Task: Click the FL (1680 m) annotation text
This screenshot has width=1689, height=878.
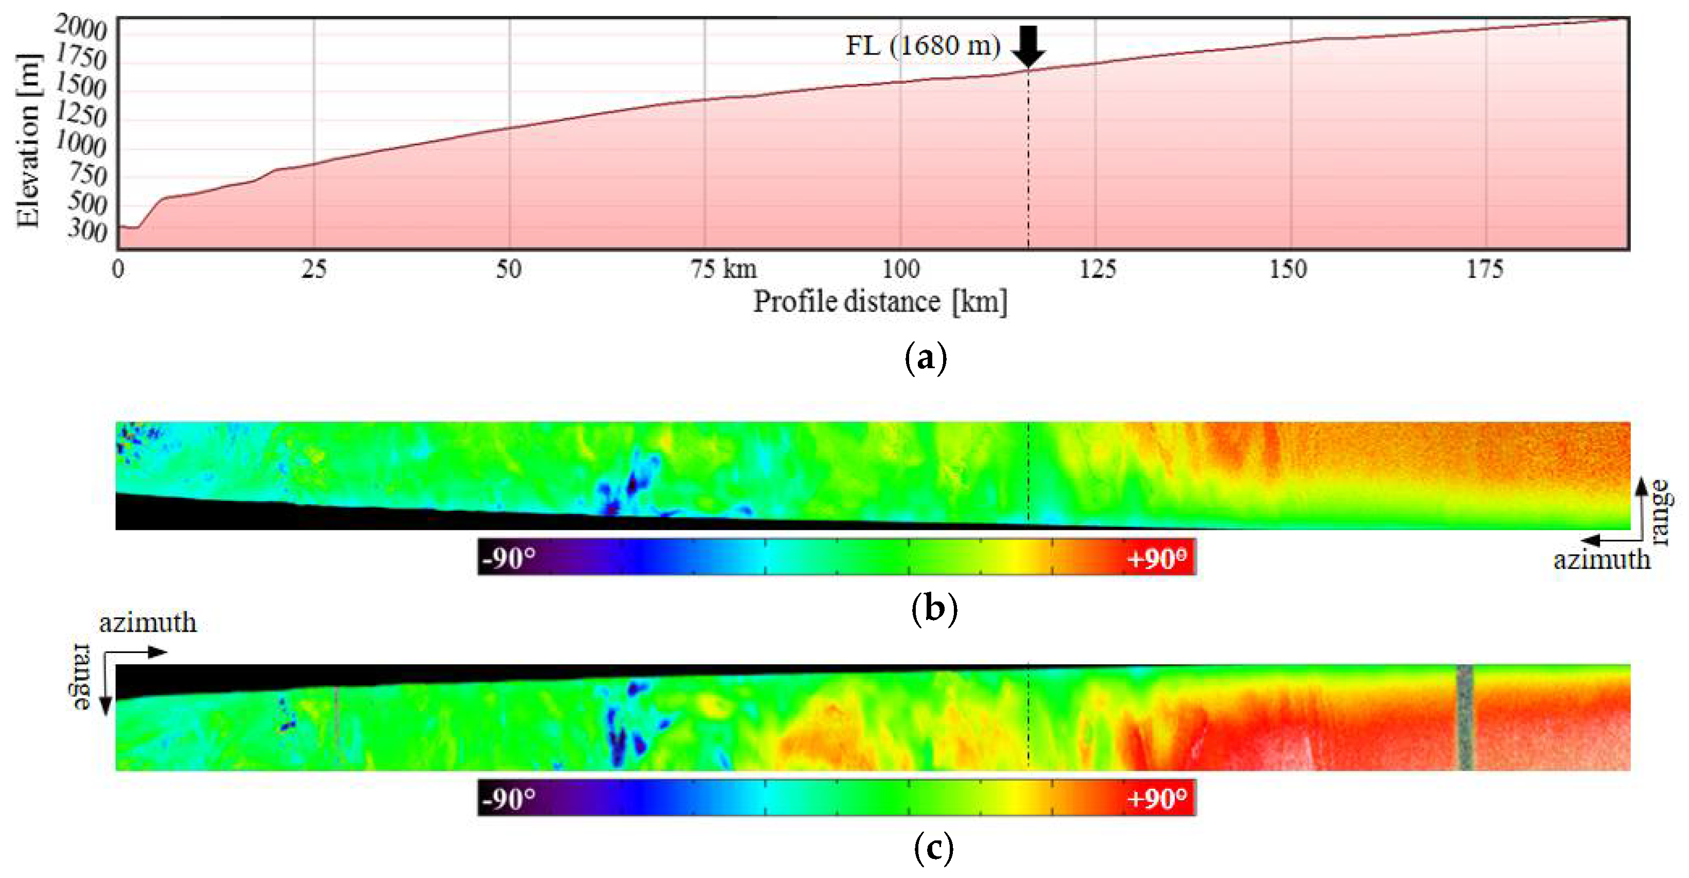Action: tap(922, 46)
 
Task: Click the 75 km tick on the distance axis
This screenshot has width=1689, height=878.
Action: tap(723, 269)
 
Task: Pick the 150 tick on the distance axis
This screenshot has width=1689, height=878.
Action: tap(1288, 269)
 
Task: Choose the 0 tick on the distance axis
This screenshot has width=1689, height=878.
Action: tap(118, 269)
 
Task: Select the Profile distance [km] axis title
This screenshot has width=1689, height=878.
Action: tap(880, 302)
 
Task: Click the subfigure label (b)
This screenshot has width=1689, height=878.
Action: tap(934, 609)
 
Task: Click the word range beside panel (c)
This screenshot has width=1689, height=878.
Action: tap(81, 677)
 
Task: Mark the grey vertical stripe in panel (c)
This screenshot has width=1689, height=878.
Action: tap(1465, 717)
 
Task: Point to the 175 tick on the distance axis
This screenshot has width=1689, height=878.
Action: tap(1485, 269)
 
